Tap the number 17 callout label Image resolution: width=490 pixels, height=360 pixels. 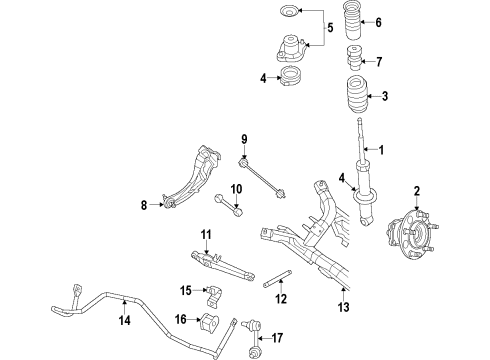tap(278, 338)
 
